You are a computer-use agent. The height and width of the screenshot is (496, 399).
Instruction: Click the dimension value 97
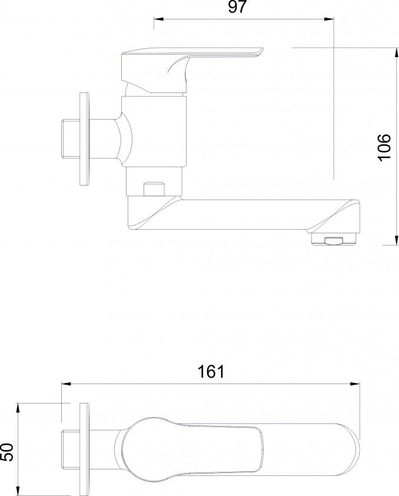pos(237,7)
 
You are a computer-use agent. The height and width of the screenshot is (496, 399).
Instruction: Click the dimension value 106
pos(384,147)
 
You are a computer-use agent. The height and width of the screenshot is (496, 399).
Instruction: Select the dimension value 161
pos(211,372)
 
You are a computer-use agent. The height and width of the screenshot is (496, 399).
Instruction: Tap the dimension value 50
pos(8,452)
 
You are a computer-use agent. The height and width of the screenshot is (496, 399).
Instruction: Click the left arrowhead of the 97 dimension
pos(158,19)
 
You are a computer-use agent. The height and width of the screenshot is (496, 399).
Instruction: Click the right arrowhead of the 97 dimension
pos(329,19)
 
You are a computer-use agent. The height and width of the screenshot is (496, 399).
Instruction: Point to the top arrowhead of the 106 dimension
pos(397,52)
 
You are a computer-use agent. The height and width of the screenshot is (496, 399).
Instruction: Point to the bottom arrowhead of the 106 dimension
pos(397,240)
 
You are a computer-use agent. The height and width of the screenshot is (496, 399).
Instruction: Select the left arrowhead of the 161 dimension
pos(66,383)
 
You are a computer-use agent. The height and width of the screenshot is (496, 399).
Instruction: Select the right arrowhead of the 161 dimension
pos(355,383)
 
